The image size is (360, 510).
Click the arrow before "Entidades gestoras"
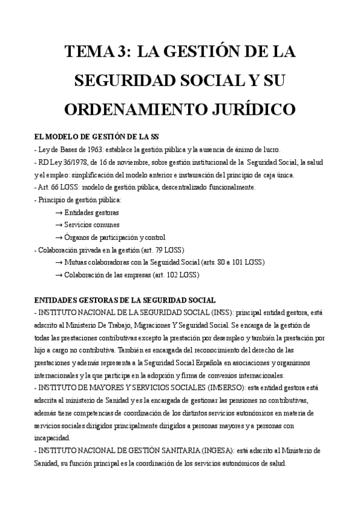[x=59, y=212]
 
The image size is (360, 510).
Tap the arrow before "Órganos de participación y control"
[x=59, y=237]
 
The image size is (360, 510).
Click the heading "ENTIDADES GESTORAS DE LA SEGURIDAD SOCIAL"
[x=125, y=300]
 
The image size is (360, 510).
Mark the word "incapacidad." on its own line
[x=52, y=438]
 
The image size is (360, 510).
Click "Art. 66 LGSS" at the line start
[x=59, y=187]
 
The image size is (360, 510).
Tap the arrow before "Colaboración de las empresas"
[x=59, y=275]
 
